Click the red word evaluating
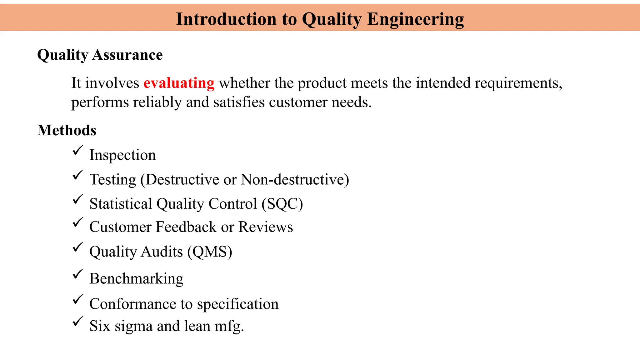coord(179,83)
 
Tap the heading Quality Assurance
coord(100,55)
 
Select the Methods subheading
coord(67,130)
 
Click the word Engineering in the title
coord(415,19)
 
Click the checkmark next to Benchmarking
coord(77,274)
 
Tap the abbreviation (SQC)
coord(282,204)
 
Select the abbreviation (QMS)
coord(210,252)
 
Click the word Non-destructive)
coord(295,180)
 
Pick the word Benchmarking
coord(136,278)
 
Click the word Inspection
coord(122,155)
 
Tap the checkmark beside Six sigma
coord(77,321)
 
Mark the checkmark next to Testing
coord(77,175)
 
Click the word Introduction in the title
coord(226,19)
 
